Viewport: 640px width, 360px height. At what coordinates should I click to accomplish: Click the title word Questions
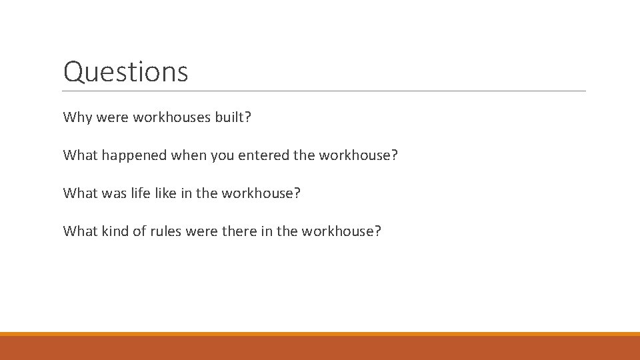[125, 71]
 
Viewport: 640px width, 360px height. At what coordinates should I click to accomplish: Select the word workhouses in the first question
[171, 117]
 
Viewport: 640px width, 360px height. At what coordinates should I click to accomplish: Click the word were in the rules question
[201, 231]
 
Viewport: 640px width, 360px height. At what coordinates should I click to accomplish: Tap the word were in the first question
[113, 117]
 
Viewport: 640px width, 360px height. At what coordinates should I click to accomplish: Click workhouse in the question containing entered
[355, 155]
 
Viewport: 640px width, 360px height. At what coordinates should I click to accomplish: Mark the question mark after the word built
[247, 117]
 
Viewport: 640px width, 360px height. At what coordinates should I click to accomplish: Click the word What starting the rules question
[80, 231]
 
